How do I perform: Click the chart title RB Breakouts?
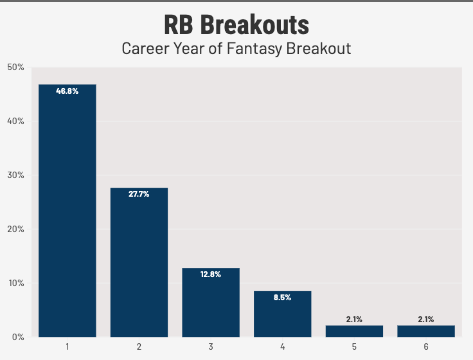pyautogui.click(x=236, y=26)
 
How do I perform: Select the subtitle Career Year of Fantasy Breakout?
pyautogui.click(x=236, y=49)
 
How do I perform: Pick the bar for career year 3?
pyautogui.click(x=211, y=302)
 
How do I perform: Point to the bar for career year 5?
pyautogui.click(x=354, y=331)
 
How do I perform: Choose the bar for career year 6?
pyautogui.click(x=426, y=331)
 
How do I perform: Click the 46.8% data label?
pyautogui.click(x=67, y=91)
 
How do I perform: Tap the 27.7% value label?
pyautogui.click(x=139, y=194)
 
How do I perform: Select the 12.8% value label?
pyautogui.click(x=211, y=274)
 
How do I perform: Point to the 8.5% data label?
pyautogui.click(x=283, y=298)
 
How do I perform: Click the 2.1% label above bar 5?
pyautogui.click(x=354, y=319)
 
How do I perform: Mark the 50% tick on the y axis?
pyautogui.click(x=16, y=67)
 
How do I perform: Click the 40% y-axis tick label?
pyautogui.click(x=16, y=121)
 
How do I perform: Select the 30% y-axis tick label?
pyautogui.click(x=16, y=175)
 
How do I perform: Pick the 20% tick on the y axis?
pyautogui.click(x=16, y=229)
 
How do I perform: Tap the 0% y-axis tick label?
pyautogui.click(x=18, y=337)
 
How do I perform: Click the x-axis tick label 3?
pyautogui.click(x=211, y=347)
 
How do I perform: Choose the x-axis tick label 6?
pyautogui.click(x=426, y=347)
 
